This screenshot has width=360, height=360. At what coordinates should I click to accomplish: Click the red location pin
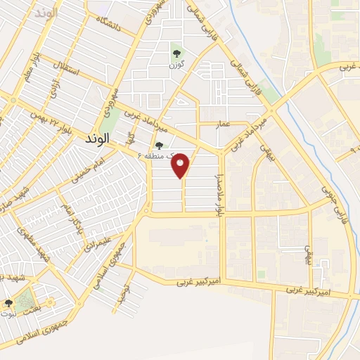181,165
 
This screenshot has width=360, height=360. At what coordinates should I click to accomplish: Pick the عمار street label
224,123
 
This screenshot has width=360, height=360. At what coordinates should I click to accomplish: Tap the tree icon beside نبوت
8,303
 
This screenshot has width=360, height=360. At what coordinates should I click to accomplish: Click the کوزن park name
176,65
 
